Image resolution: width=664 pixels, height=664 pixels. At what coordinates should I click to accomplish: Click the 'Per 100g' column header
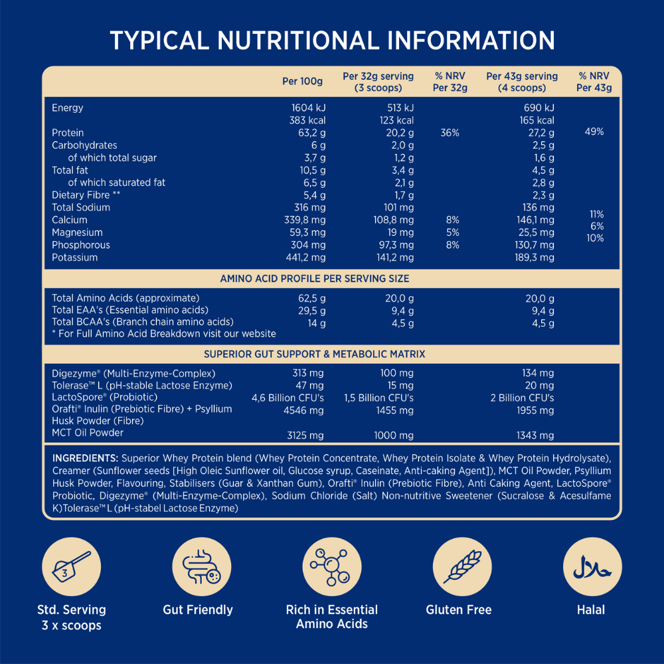302,82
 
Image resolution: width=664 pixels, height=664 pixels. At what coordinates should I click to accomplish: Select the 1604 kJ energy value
309,108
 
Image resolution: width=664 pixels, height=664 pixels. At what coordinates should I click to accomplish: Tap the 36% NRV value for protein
450,133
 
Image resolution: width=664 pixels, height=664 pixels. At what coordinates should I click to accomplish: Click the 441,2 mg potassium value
305,258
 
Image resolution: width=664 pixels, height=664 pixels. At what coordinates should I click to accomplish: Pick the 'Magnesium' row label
77,232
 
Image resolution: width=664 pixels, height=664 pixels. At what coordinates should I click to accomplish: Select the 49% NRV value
594,132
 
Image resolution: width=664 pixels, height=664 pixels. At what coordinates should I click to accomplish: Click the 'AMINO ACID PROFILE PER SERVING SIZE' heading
315,279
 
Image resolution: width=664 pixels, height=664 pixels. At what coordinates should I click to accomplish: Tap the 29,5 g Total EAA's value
312,310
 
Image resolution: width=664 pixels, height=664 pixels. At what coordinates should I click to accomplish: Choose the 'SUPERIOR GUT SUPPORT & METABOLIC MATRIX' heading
315,355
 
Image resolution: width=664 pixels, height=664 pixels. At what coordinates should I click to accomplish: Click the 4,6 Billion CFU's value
288,398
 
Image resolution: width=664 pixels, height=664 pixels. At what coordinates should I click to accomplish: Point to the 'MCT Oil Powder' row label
88,433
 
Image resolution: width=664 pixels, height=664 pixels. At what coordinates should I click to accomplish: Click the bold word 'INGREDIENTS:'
85,459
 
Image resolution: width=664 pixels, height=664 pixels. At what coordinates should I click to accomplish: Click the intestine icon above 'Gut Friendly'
198,566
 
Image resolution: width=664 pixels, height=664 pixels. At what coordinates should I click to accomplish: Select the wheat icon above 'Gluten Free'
458,566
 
